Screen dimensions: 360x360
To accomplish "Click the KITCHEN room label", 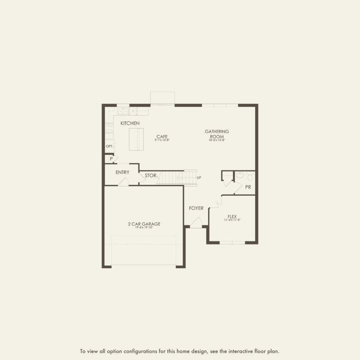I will point(130,123).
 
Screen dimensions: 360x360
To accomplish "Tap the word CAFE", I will point(162,137).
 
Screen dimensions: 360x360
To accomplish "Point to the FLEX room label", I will point(232,216).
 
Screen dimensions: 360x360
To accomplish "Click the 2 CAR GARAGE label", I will point(144,224).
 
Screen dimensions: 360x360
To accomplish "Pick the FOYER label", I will point(196,208).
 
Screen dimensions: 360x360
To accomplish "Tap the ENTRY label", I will point(122,172).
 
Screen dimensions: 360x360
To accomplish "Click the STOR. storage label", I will point(150,175).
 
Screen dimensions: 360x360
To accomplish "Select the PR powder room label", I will point(248,187).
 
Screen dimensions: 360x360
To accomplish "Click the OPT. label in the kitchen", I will point(110,146).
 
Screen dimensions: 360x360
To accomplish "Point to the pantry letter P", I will point(111,159).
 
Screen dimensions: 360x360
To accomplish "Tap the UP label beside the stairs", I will point(199,178).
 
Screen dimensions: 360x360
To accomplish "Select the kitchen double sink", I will point(123,111).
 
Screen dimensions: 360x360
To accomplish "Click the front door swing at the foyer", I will point(196,223).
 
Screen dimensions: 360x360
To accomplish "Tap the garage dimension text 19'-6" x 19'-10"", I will point(144,228).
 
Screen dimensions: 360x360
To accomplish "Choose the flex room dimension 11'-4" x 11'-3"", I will point(232,220).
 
